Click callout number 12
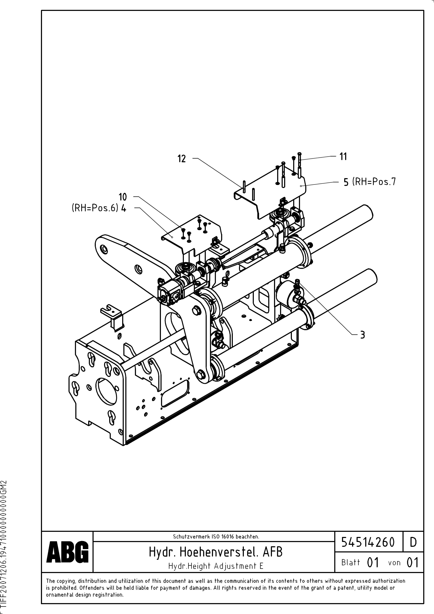point(182,159)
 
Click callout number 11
point(343,156)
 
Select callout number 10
point(123,197)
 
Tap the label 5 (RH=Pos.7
point(369,182)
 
